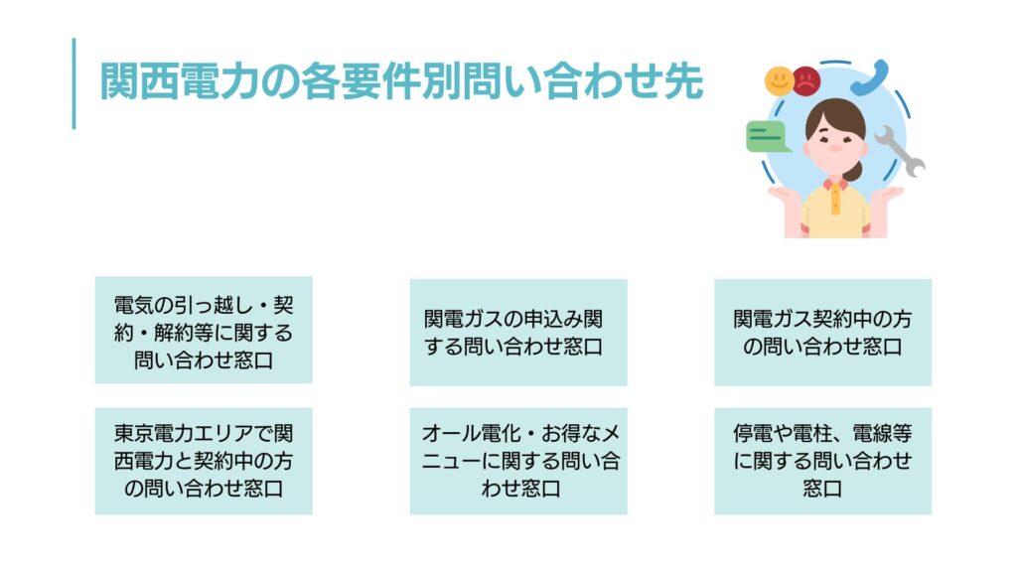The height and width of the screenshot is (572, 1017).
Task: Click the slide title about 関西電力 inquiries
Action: point(401,81)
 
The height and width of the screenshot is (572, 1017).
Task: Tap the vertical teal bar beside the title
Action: point(73,83)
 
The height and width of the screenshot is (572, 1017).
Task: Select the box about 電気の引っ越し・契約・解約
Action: point(204,330)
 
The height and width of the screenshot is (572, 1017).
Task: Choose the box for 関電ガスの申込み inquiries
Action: point(518,333)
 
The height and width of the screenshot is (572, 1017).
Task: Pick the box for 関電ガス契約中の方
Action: point(823,333)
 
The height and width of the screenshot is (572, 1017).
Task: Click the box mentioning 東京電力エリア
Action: point(204,461)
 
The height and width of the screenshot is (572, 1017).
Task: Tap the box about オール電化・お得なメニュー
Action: point(518,461)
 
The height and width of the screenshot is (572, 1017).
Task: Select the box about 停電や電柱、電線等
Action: point(823,461)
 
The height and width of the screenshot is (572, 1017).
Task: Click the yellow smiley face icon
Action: point(779,81)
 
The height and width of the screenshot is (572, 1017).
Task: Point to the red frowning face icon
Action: point(806,81)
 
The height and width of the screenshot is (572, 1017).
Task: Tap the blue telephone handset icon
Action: point(870,78)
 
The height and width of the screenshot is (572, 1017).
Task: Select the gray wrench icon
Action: point(900,151)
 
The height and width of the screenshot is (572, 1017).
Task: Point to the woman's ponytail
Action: point(855,170)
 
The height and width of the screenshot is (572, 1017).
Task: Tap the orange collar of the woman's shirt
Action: point(835,186)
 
